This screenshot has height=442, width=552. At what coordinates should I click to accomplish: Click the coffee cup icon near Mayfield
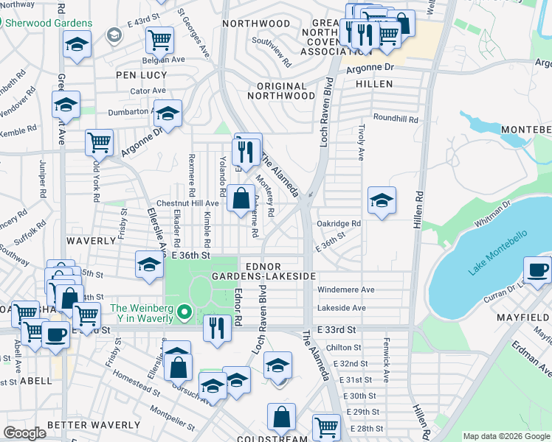tap(537, 270)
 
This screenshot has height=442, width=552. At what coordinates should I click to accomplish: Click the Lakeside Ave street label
tap(342, 308)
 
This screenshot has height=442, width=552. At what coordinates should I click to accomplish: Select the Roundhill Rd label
tap(396, 119)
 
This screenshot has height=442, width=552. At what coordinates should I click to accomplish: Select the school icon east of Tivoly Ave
tap(382, 200)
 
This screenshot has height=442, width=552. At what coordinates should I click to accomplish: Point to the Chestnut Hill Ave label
tap(187, 203)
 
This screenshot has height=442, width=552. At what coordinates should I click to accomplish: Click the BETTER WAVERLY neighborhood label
tap(93, 425)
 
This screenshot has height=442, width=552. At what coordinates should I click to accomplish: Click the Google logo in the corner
tap(25, 433)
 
